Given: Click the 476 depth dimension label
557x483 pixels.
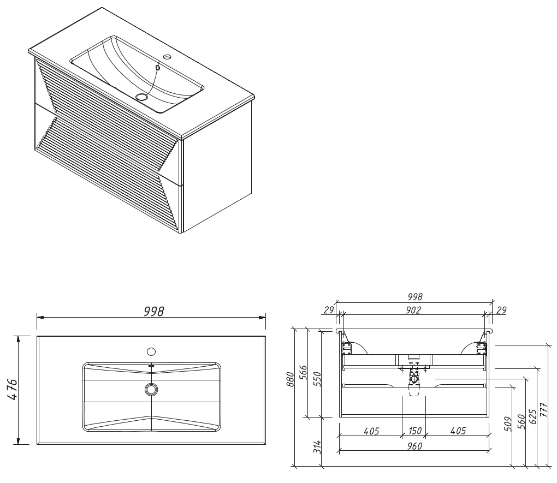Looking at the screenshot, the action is tap(12, 390).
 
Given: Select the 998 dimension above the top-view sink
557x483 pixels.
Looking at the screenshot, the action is tap(154, 312).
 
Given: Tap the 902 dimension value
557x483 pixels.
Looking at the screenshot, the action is tap(413, 310).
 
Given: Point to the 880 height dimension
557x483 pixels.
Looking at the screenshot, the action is tap(291, 379).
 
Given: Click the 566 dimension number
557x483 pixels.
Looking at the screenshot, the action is tap(304, 373).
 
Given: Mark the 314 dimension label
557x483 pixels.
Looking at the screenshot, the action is tap(317, 447).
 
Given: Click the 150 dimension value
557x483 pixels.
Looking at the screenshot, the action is tap(414, 431).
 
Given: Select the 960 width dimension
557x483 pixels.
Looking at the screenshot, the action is tap(414, 446).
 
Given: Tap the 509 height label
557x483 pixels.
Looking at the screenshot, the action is tap(508, 424).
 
